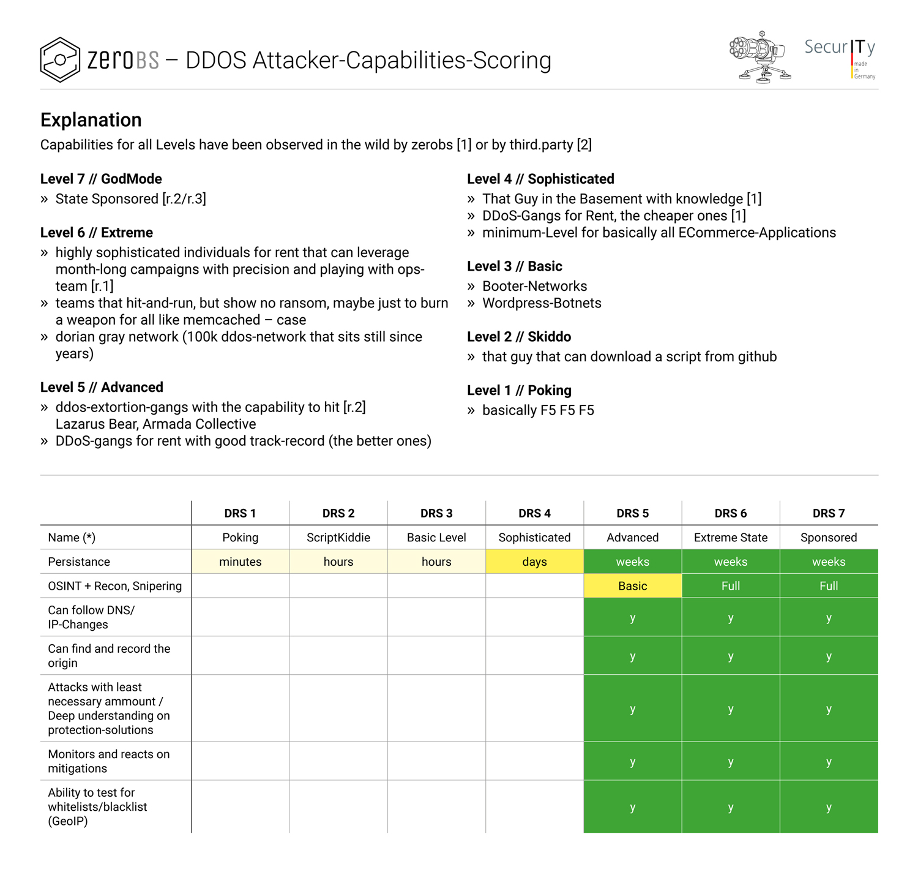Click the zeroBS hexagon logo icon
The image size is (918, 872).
point(60,60)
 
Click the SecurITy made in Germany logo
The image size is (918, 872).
point(840,57)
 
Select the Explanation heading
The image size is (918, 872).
point(91,120)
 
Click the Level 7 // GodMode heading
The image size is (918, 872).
point(101,179)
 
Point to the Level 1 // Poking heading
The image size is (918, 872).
point(519,390)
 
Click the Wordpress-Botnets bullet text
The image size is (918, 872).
point(542,303)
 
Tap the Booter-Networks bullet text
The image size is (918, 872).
point(534,286)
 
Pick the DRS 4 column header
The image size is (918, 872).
point(534,513)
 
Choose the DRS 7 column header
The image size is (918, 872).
point(829,513)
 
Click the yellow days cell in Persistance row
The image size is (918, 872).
point(534,562)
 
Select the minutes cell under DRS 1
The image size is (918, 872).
point(241,562)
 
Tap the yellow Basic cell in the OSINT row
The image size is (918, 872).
point(632,586)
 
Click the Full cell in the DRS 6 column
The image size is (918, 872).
point(731,586)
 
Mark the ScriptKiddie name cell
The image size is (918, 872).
point(338,538)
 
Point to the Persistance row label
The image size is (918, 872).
point(79,562)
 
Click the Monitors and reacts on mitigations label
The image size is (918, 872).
point(109,761)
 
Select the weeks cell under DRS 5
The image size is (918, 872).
point(632,562)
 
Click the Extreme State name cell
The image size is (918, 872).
point(731,538)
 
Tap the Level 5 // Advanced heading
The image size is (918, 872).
point(102,387)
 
